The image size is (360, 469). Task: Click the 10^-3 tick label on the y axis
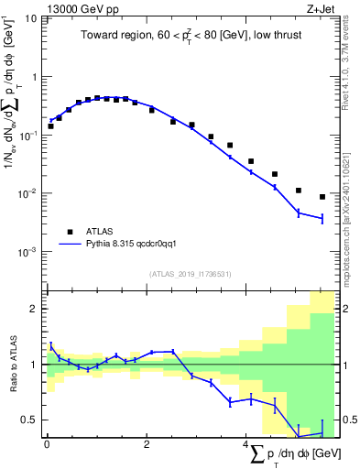pyautogui.click(x=28, y=251)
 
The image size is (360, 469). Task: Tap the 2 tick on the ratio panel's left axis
pyautogui.click(x=35, y=309)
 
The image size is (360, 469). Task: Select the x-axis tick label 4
pyautogui.click(x=245, y=445)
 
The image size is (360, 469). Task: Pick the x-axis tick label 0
pyautogui.click(x=47, y=445)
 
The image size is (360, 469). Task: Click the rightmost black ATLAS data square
pyautogui.click(x=322, y=197)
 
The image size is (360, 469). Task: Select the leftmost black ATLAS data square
pyautogui.click(x=50, y=126)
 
